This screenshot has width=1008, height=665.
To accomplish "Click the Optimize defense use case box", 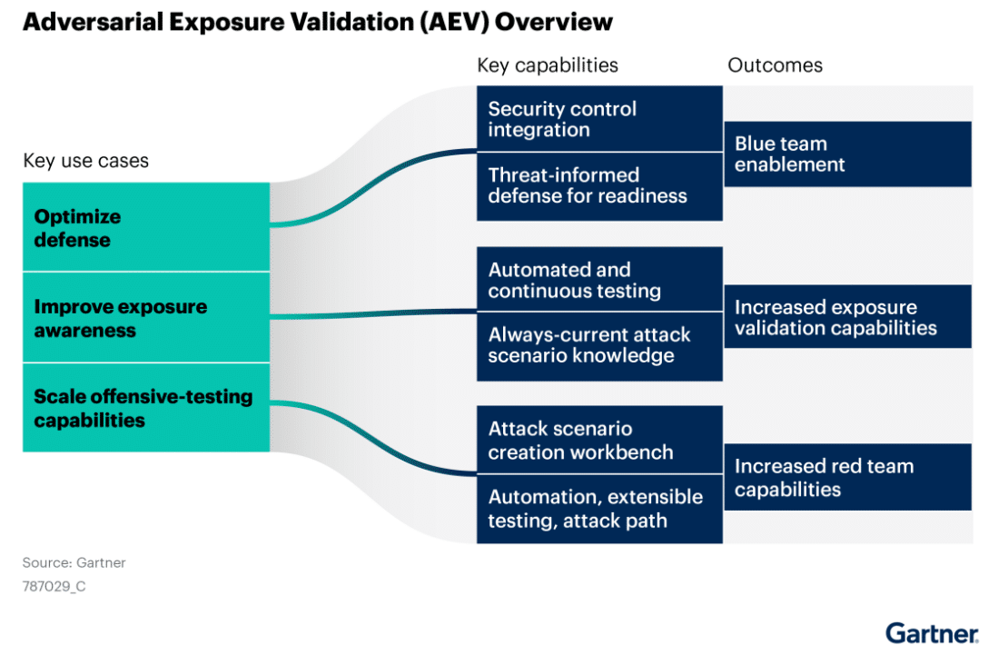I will (x=145, y=227).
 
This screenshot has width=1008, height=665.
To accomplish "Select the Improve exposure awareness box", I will (x=145, y=317).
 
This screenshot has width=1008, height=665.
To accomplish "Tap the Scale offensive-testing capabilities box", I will (x=145, y=407).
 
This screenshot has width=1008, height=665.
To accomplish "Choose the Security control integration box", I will (x=599, y=119).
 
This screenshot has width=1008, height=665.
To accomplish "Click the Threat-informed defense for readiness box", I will (x=599, y=186).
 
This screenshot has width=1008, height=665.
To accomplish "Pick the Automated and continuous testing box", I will (x=599, y=280).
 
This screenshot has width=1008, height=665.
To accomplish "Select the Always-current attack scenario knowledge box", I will (x=599, y=346).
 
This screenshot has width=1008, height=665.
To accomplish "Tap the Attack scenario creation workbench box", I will (x=599, y=440).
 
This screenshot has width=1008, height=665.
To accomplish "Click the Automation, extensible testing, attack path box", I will (x=599, y=509).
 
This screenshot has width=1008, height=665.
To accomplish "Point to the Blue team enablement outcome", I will (x=847, y=154).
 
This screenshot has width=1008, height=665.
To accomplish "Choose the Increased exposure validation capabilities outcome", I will (x=847, y=317).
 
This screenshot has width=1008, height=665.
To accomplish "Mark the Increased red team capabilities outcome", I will (x=847, y=477).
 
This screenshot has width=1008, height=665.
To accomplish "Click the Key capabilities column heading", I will (x=548, y=65).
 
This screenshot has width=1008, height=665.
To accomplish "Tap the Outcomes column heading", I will (x=775, y=65).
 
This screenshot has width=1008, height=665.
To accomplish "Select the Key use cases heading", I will (x=85, y=161).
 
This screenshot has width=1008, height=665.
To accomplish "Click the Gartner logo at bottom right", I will (x=932, y=633).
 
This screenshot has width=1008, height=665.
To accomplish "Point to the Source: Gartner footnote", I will (x=74, y=562).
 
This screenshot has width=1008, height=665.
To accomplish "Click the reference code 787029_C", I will (x=54, y=586).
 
